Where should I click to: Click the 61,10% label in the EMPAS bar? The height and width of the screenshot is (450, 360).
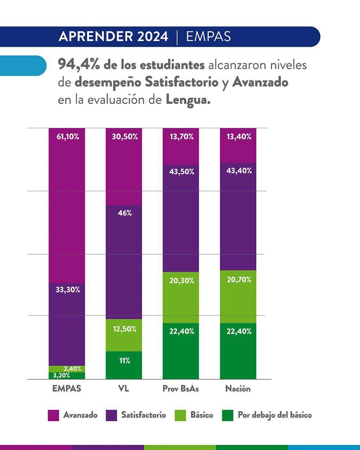[x=68, y=137]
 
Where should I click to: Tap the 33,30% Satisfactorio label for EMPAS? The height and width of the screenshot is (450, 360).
[x=68, y=290]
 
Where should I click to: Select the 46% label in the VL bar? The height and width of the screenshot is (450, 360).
[x=125, y=213]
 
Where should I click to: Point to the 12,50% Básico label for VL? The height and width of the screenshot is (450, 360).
[x=125, y=329]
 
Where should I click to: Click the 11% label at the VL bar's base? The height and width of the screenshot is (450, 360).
[x=125, y=361]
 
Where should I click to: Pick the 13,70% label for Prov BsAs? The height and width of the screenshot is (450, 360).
[x=182, y=137]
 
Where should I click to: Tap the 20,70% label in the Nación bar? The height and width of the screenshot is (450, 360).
[x=239, y=280]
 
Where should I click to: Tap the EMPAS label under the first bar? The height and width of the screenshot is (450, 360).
[x=66, y=388]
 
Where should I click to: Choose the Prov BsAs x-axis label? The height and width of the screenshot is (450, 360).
[x=180, y=389]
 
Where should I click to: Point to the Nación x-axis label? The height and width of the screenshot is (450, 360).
[x=238, y=389]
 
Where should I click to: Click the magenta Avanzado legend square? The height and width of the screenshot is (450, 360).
[x=53, y=415]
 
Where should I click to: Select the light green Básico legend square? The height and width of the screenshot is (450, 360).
[x=180, y=415]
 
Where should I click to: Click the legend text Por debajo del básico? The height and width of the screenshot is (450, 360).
[x=275, y=415]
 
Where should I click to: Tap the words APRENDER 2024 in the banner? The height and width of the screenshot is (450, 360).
[x=114, y=37]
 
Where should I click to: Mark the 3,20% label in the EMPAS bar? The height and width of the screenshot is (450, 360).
[x=62, y=375]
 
